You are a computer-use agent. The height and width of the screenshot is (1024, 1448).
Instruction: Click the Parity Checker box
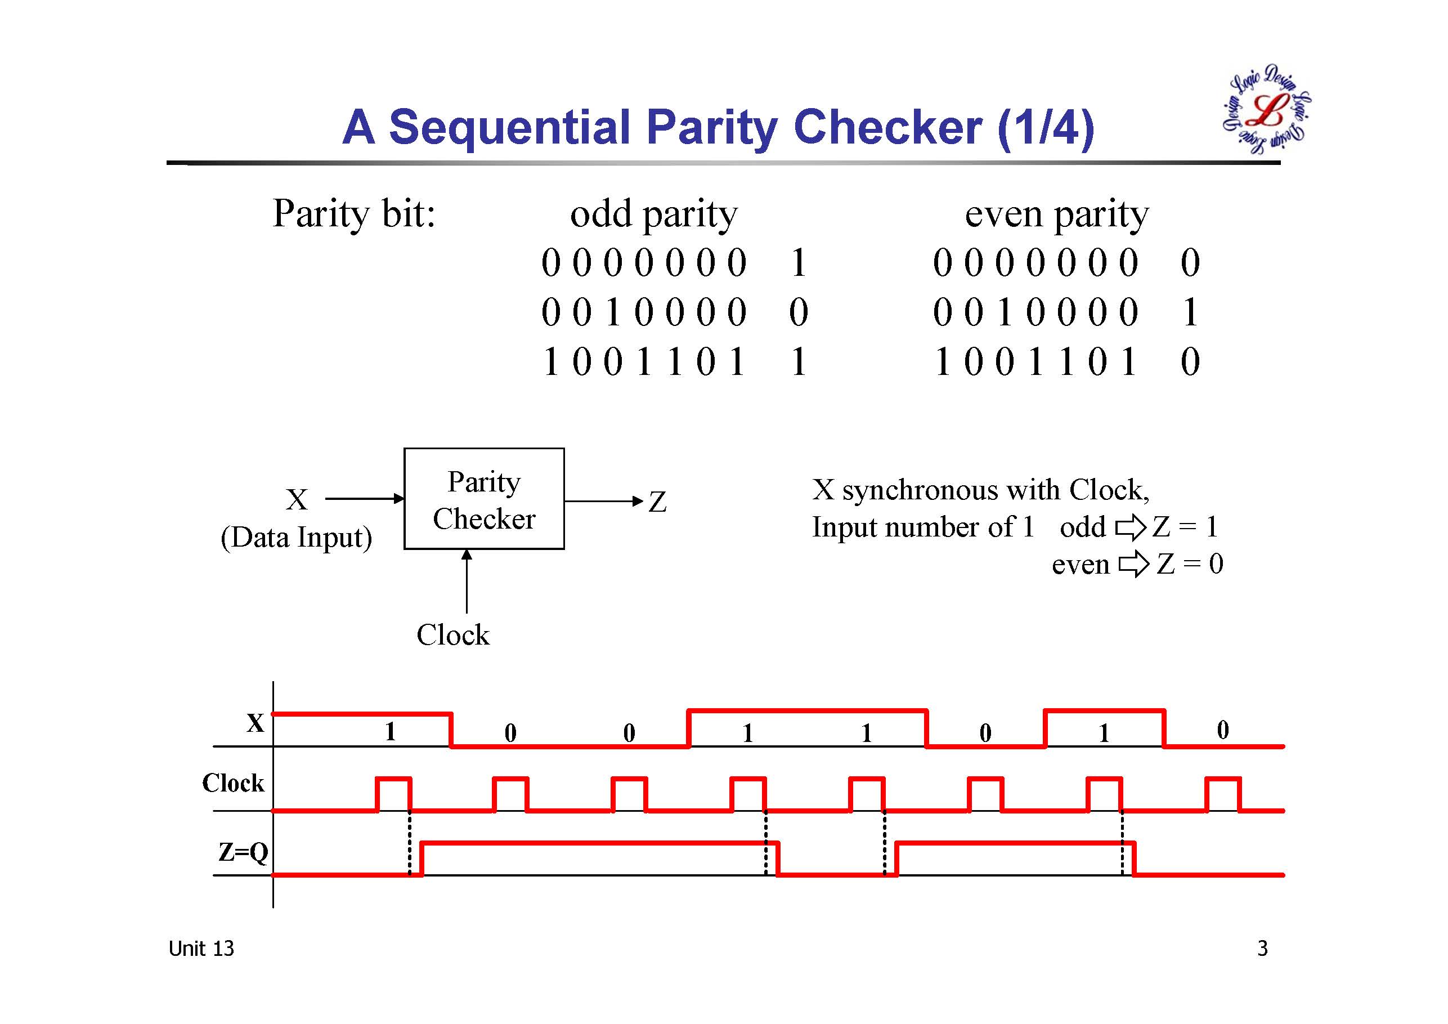[x=484, y=499]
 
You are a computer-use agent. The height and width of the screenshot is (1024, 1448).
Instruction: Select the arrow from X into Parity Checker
[x=365, y=498]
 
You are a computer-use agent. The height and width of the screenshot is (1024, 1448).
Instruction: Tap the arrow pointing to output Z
[x=603, y=502]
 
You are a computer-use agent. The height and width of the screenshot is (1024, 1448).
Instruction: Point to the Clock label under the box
[x=453, y=634]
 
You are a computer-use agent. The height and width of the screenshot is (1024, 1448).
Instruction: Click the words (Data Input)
[x=296, y=538]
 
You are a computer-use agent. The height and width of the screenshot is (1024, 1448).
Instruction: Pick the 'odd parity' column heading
[x=653, y=214]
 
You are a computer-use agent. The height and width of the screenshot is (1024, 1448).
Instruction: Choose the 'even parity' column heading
[x=1056, y=214]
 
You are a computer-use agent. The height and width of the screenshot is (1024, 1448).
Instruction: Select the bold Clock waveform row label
[x=233, y=783]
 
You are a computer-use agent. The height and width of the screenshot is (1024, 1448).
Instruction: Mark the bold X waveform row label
[x=255, y=723]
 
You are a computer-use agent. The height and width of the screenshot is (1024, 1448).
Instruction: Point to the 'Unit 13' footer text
[x=200, y=949]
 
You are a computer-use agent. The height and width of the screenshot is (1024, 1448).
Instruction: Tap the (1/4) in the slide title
[x=1046, y=127]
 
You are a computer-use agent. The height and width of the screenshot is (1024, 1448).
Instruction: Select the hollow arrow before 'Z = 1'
[x=1130, y=527]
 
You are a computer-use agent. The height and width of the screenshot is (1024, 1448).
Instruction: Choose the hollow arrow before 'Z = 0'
[x=1134, y=564]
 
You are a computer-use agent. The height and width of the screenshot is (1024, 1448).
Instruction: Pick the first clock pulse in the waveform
[x=393, y=794]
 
